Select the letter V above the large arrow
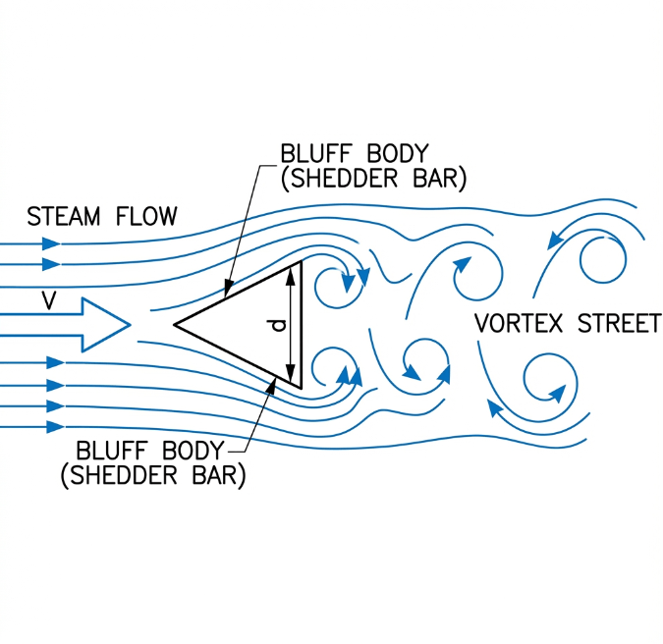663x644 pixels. click(48, 300)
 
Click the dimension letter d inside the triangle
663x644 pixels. click(278, 323)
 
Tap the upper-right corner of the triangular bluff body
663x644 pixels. click(301, 263)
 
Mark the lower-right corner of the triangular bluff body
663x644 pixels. click(301, 387)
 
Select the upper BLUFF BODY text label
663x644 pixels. click(354, 154)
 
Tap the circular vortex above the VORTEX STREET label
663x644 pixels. click(601, 260)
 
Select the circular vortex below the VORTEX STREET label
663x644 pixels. click(545, 378)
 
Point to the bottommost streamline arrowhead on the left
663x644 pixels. click(54, 426)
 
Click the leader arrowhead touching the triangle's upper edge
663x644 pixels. click(226, 292)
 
